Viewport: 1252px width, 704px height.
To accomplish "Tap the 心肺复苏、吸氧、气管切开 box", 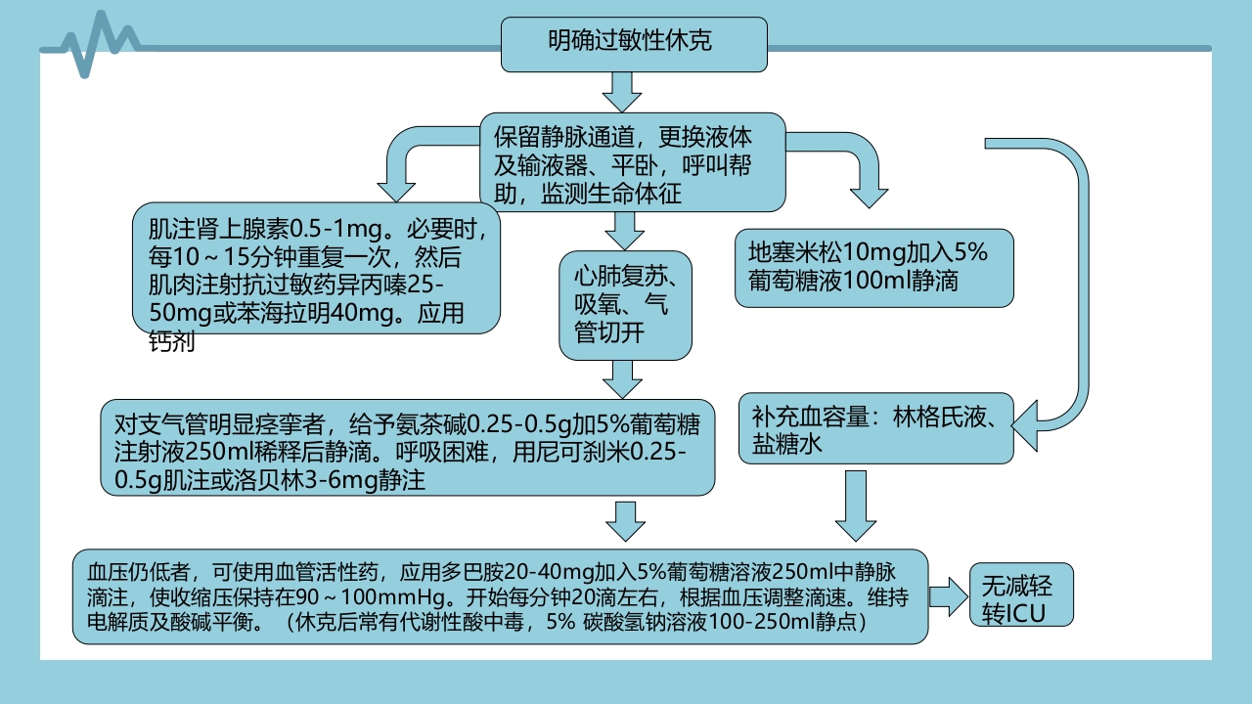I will point(625,305).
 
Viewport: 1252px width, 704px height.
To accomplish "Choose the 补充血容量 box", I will point(875,429).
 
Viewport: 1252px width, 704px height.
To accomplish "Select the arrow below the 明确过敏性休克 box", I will point(622,91).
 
